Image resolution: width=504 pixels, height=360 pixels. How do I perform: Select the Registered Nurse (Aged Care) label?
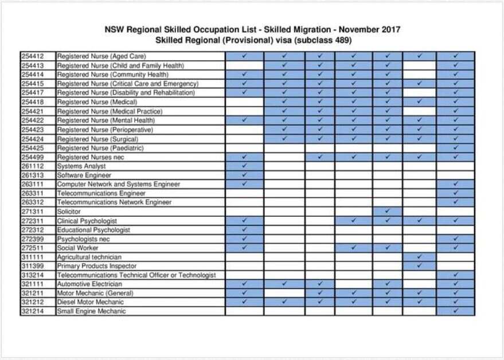(x=101, y=56)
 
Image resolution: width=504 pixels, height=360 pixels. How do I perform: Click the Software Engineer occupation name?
(x=84, y=175)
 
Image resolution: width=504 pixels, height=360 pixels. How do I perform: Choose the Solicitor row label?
(x=69, y=212)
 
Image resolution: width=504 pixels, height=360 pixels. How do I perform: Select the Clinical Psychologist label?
(x=87, y=221)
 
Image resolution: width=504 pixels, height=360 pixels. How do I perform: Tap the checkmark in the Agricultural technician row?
(x=419, y=257)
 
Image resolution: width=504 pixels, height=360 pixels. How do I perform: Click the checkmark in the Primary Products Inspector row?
(x=419, y=266)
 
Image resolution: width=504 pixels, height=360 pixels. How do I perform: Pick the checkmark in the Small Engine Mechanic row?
(x=455, y=311)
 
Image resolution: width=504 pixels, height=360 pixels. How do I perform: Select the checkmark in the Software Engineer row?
(x=244, y=175)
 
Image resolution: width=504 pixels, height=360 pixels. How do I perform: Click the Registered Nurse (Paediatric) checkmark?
(x=455, y=148)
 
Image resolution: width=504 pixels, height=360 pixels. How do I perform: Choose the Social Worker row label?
(x=77, y=248)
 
